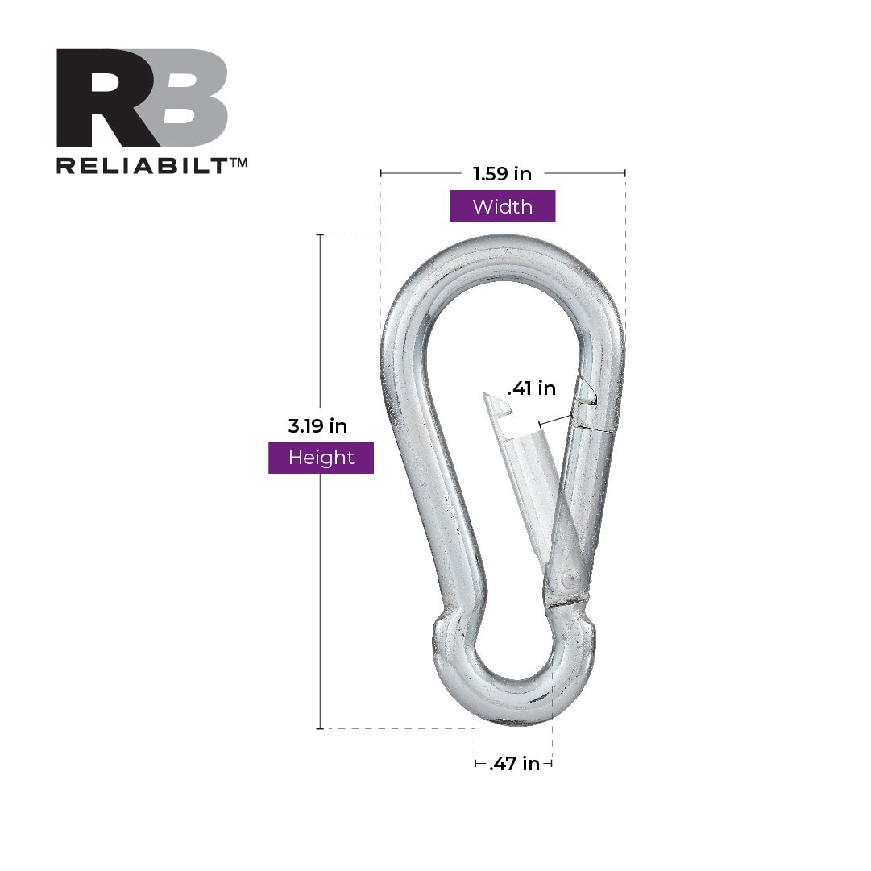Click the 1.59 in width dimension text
[501, 173]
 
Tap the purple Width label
[502, 206]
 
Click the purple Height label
[321, 458]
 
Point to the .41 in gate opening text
[531, 388]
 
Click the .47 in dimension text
[514, 764]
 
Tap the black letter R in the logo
[109, 98]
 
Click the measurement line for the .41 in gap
[555, 418]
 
